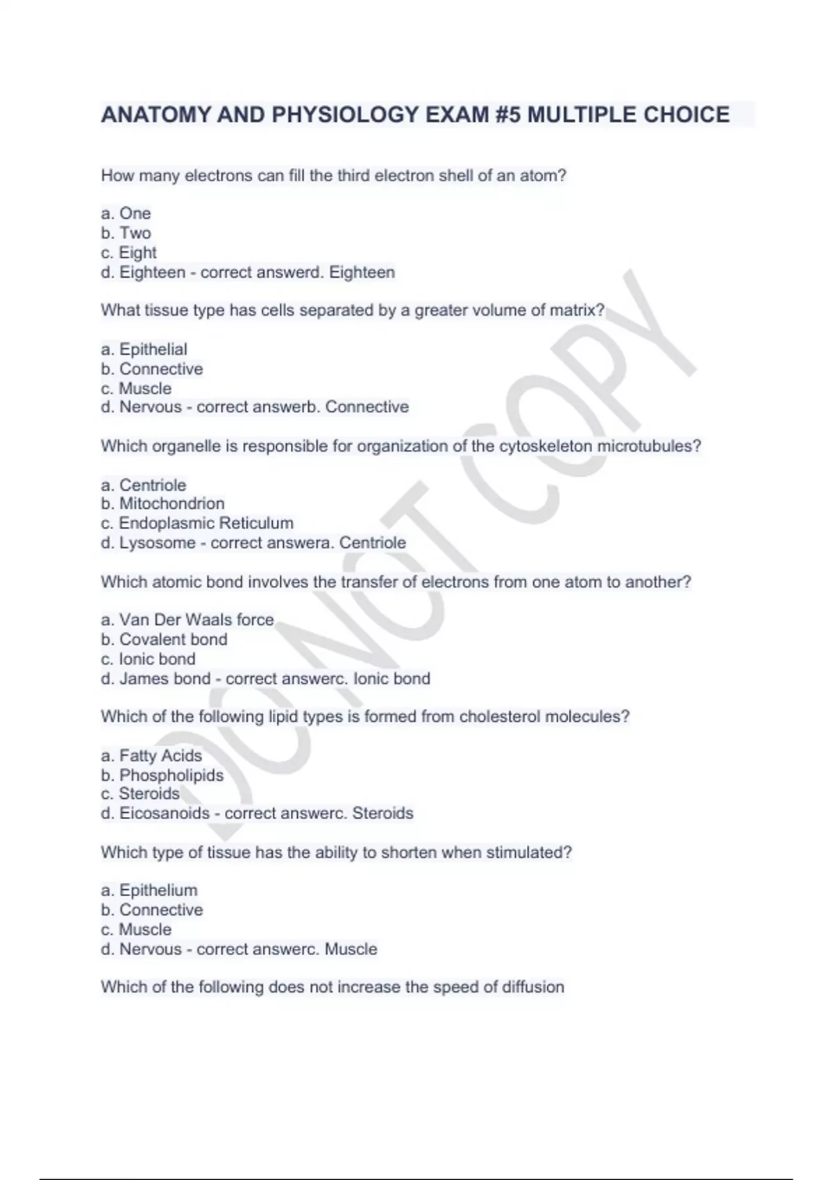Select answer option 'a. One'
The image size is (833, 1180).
point(126,213)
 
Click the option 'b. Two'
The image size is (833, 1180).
point(126,233)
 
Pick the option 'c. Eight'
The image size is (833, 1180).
point(128,253)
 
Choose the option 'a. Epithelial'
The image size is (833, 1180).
point(144,349)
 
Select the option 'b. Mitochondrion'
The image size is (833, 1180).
point(162,503)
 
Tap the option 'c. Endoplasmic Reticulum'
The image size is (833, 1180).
point(197,523)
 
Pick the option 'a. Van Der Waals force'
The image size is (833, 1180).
point(187,619)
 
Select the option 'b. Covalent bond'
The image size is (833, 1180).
point(164,639)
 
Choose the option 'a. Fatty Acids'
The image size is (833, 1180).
point(151,755)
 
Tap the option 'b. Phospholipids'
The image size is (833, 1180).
point(162,775)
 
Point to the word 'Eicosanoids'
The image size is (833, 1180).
point(165,813)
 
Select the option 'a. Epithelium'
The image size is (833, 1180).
point(149,890)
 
